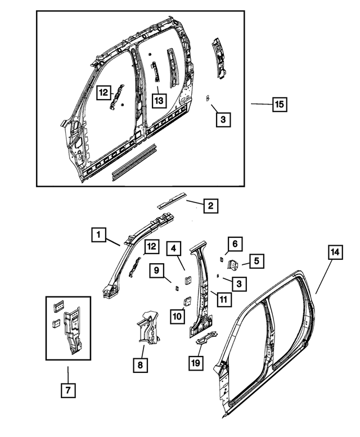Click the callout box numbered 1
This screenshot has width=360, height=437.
[98, 235]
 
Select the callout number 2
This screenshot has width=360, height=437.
[210, 206]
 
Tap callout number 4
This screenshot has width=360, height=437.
[174, 248]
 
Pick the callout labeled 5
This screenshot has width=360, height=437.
[256, 261]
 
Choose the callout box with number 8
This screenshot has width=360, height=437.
[139, 365]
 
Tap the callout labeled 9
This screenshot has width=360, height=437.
[158, 271]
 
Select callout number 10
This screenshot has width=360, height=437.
[177, 316]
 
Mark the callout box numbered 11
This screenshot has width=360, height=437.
[223, 299]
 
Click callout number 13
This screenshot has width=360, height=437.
[159, 101]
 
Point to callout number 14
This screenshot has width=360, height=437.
[334, 253]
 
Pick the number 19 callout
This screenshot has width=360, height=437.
[195, 364]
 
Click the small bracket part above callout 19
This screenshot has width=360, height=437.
[205, 337]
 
